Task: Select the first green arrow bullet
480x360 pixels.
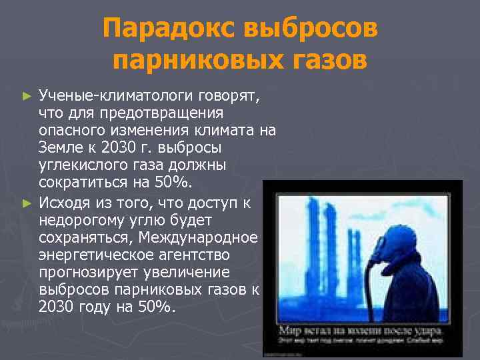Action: coord(27,96)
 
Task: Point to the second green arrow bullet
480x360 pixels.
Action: coord(27,201)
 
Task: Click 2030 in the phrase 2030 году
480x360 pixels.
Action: coord(56,307)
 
